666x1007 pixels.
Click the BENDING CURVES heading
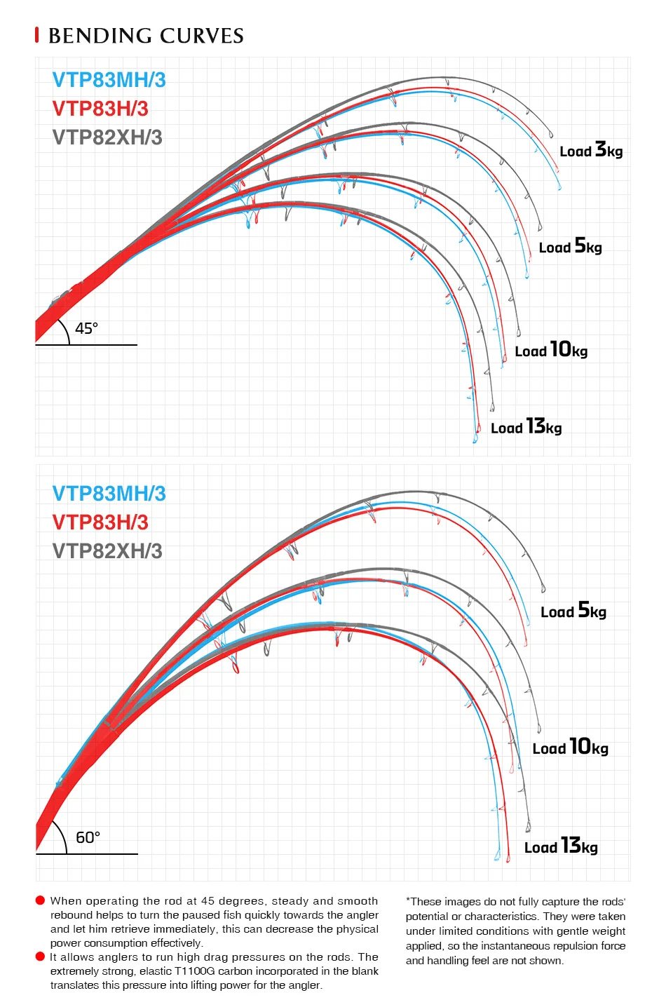146,36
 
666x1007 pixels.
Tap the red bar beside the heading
37,35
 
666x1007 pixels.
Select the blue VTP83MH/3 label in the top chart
109,80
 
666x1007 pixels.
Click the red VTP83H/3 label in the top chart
100,109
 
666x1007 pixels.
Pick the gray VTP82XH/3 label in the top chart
107,137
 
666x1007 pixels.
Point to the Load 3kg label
591,149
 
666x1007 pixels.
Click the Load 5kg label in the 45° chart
570,246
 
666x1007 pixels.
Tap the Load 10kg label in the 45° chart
551,350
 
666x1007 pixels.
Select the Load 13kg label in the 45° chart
526,426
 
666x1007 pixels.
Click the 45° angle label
86,329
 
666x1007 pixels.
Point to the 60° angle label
88,837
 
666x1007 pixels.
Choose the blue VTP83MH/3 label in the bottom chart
109,494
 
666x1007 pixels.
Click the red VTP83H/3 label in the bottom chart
100,522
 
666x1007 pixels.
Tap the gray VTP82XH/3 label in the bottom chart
107,551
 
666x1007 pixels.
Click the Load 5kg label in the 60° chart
573,611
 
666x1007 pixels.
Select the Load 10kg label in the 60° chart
570,747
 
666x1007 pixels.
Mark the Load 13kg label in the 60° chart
561,846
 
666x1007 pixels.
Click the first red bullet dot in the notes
40,900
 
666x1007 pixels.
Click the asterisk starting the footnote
408,900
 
